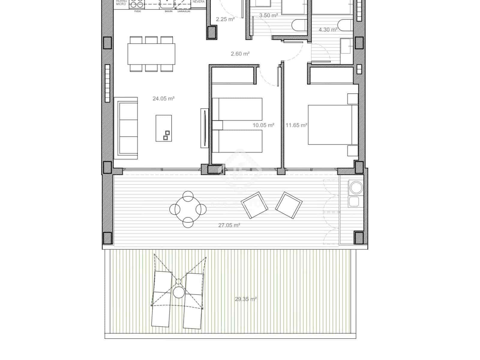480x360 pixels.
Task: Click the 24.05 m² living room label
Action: pos(163,98)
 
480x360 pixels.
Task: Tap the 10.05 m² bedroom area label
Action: pos(263,125)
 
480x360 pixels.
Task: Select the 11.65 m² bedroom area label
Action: pos(296,125)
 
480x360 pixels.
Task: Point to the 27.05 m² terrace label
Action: pos(229,225)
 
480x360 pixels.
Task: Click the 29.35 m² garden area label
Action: pos(246,299)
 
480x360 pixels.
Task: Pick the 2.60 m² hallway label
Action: pos(240,54)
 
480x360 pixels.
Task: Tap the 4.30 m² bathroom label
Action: pos(328,30)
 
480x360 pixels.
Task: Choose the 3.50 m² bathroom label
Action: pos(268,16)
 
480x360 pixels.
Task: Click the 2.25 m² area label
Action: pos(225,19)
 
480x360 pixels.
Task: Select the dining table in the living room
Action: pos(151,54)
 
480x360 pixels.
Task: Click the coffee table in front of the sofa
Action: pos(164,128)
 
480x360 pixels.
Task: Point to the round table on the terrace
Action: pos(188,209)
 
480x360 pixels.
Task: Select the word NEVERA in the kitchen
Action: pos(199,2)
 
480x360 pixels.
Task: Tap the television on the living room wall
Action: pos(204,128)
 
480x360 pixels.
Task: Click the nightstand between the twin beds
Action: pos(217,125)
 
